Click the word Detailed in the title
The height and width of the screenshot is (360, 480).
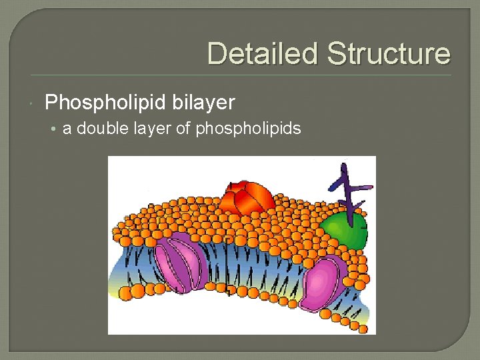pyautogui.click(x=261, y=53)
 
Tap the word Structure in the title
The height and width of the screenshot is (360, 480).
pyautogui.click(x=389, y=53)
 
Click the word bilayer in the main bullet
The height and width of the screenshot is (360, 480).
pyautogui.click(x=203, y=103)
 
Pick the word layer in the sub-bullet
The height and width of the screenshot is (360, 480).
pyautogui.click(x=151, y=129)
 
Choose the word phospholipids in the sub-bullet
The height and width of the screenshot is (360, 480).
pyautogui.click(x=248, y=129)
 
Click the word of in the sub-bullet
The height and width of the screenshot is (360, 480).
pyautogui.click(x=183, y=128)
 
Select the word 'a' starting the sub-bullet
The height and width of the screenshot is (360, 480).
pyautogui.click(x=67, y=129)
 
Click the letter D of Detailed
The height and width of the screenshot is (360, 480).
pyautogui.click(x=217, y=53)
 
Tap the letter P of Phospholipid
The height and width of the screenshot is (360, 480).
pyautogui.click(x=51, y=103)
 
